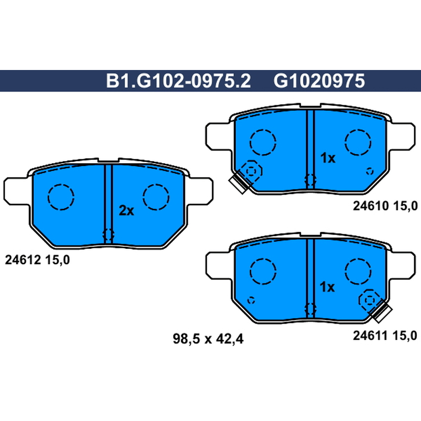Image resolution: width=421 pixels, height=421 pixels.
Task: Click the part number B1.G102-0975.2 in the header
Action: pyautogui.click(x=178, y=81)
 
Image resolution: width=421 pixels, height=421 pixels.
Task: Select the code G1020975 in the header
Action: pyautogui.click(x=319, y=81)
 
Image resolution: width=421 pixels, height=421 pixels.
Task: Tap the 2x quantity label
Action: pyautogui.click(x=126, y=211)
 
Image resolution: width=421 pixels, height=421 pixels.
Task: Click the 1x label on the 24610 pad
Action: pyautogui.click(x=328, y=158)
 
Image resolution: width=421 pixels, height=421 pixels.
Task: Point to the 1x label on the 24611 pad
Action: pyautogui.click(x=327, y=287)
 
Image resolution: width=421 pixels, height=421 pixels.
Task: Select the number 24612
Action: pyautogui.click(x=23, y=260)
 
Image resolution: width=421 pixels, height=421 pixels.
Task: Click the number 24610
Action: pyautogui.click(x=371, y=206)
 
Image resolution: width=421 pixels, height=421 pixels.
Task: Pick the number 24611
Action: pyautogui.click(x=370, y=336)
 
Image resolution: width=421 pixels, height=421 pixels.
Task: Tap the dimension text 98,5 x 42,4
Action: pyautogui.click(x=208, y=339)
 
